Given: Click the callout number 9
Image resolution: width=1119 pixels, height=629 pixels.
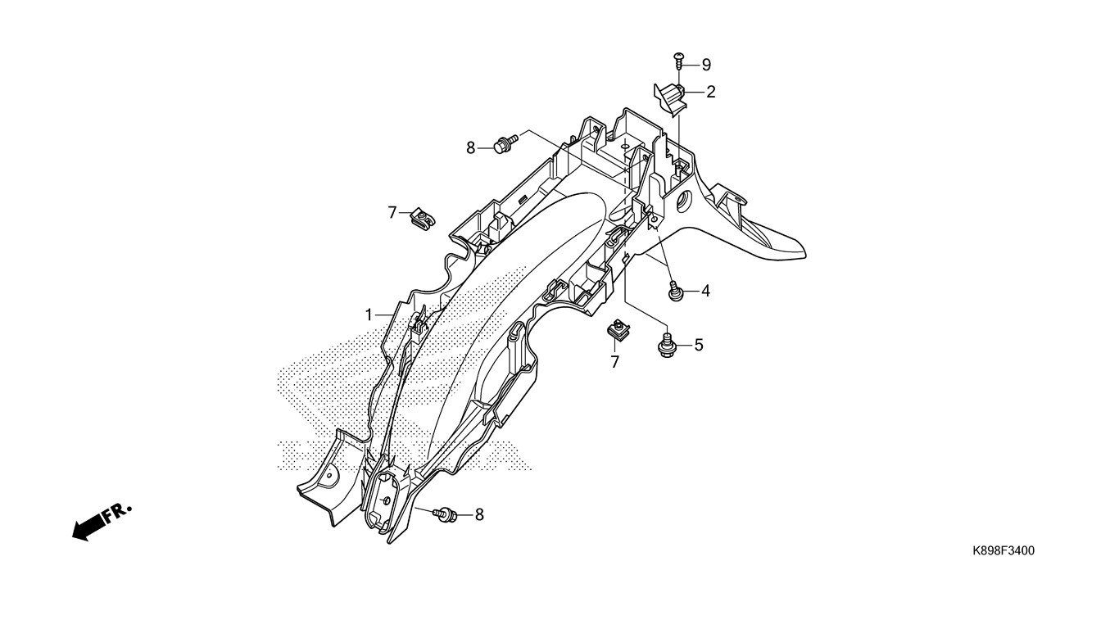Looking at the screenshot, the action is point(706,65).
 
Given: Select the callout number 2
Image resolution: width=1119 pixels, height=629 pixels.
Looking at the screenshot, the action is point(710,92).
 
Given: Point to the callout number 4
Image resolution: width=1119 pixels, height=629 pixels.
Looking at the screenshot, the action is point(704,291).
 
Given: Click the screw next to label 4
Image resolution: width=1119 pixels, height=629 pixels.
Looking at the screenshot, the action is point(675,292).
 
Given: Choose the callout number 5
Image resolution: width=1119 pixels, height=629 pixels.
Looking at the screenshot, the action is point(699,345).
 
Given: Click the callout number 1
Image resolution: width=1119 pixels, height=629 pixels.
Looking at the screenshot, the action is point(369,315).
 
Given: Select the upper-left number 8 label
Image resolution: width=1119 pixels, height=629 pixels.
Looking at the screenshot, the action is point(470,148).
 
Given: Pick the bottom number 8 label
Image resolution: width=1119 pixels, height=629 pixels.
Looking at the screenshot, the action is point(479,514).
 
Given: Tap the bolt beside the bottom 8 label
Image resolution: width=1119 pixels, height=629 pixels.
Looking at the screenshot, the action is point(445,514).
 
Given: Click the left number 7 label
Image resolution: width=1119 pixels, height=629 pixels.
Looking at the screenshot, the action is point(392,213).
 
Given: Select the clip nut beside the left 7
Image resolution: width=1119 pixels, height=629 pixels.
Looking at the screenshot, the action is point(423,219).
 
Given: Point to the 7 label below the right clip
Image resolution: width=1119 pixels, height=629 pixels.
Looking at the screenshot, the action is point(615,362).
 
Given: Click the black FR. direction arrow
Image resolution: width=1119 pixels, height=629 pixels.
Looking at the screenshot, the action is point(102,523).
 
